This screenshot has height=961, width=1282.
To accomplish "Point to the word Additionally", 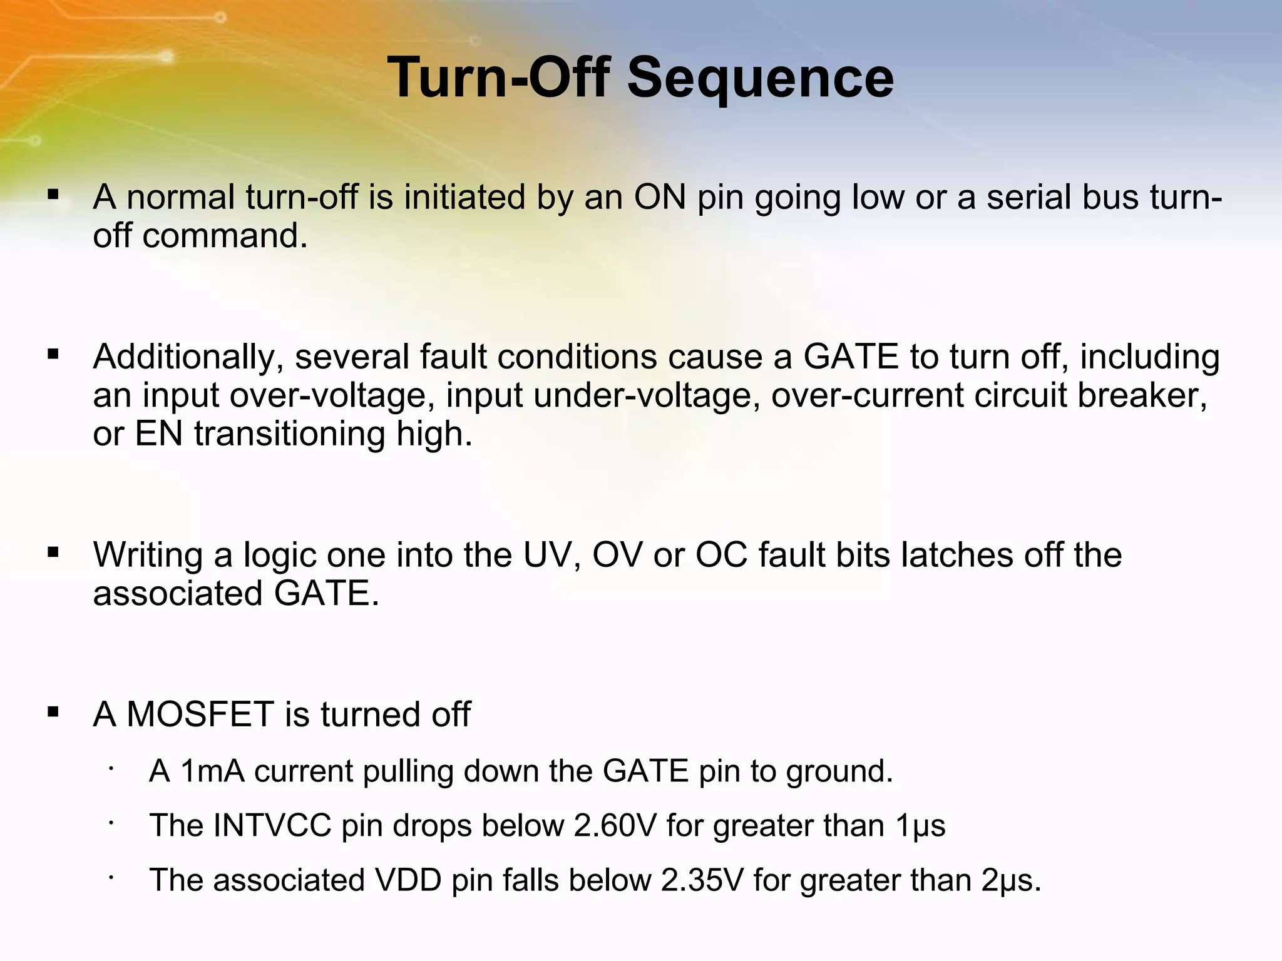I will (184, 357).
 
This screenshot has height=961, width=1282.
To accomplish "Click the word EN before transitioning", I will (159, 434).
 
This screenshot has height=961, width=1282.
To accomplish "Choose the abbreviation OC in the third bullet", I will (721, 555).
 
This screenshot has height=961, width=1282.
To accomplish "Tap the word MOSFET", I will (200, 714).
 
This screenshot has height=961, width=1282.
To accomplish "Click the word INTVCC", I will (272, 826).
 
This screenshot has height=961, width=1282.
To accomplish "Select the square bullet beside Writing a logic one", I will (53, 552).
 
